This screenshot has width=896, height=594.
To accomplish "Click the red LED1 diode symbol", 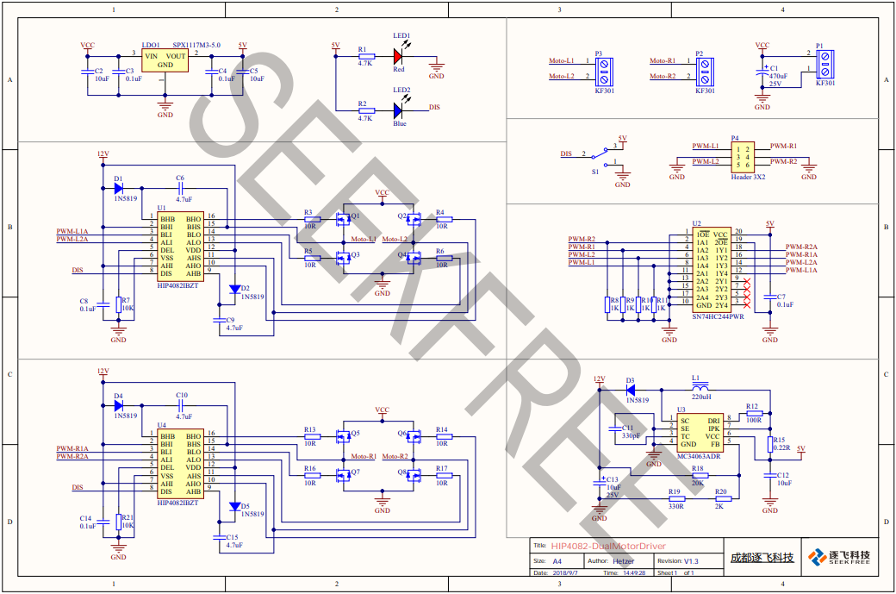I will tap(398, 56).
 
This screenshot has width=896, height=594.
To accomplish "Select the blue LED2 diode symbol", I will tap(398, 109).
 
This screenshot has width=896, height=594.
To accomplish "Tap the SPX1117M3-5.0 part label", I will tap(196, 45).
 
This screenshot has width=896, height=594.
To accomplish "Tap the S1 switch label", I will tap(594, 172).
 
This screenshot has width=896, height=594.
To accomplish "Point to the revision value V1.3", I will tap(691, 560).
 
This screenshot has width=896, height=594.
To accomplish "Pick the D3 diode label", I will tap(630, 379).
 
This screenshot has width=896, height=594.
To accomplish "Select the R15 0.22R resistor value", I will tap(780, 448).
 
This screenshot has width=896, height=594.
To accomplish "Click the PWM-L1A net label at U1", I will tap(72, 231).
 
